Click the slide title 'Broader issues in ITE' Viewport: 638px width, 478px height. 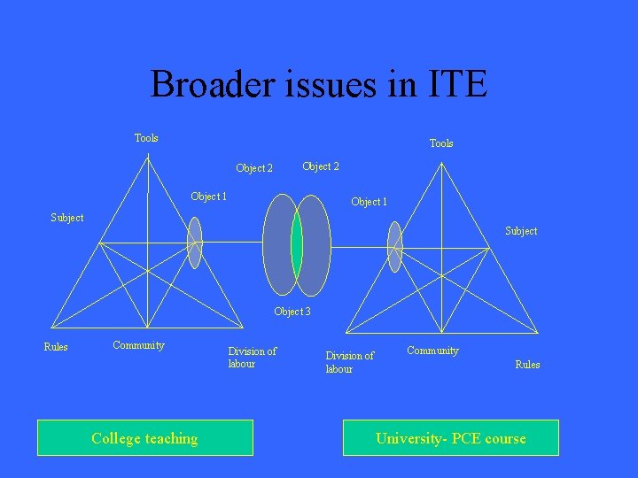pos(319,85)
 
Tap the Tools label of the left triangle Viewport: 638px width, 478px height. pos(146,138)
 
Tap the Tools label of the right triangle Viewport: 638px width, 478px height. pos(441,143)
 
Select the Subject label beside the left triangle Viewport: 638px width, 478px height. pos(67,218)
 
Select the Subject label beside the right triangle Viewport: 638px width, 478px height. pos(521,231)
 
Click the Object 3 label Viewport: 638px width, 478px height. pos(292,312)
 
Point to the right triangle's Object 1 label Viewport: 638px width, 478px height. pos(369,202)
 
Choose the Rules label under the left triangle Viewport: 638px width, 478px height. pos(56,347)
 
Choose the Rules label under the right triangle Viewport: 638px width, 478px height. pos(527,365)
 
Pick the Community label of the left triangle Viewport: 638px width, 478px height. pos(138,345)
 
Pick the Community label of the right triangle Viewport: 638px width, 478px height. pos(432,351)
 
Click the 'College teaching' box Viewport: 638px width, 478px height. pos(145,438)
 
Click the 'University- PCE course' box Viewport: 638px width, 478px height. pos(451,438)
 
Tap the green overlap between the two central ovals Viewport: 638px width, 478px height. pos(297,244)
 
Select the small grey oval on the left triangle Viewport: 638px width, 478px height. pos(195,243)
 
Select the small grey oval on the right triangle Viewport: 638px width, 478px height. pos(394,246)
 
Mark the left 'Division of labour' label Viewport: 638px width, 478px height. pos(253,358)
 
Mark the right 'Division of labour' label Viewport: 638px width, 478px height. pos(349,362)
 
